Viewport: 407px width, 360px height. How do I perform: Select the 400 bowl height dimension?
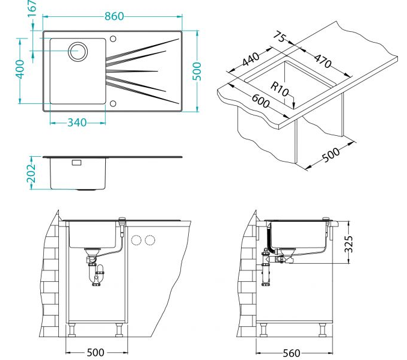pyautogui.click(x=20, y=70)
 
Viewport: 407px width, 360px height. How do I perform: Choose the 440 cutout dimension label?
pyautogui.click(x=250, y=60)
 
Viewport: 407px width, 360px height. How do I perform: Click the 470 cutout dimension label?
pyautogui.click(x=322, y=60)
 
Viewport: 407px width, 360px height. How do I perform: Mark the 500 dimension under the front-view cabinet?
pyautogui.click(x=96, y=352)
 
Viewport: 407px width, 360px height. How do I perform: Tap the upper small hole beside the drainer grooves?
pyautogui.click(x=112, y=40)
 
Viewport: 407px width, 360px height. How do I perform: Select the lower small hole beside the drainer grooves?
pyautogui.click(x=112, y=103)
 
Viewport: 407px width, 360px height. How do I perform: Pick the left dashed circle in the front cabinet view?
pyautogui.click(x=136, y=240)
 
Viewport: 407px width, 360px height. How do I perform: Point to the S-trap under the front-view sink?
pyautogui.click(x=95, y=273)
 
